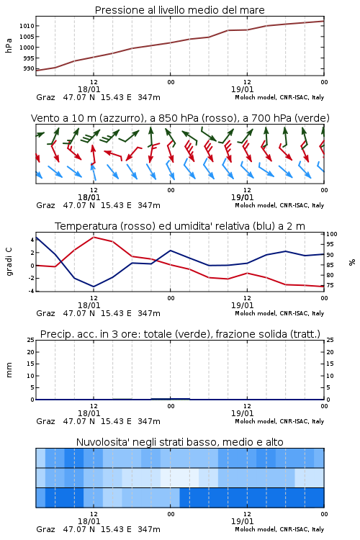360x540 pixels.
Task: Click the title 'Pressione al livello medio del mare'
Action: pyautogui.click(x=179, y=10)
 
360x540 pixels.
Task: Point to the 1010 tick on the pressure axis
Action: pyautogui.click(x=27, y=26)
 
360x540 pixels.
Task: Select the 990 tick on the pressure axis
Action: pyautogui.click(x=29, y=68)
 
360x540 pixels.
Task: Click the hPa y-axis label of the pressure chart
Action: pyautogui.click(x=9, y=45)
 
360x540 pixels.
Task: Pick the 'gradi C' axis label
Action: pyautogui.click(x=9, y=261)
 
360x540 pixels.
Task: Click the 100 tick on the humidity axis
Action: pyautogui.click(x=332, y=234)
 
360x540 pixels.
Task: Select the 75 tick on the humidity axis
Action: pyautogui.click(x=330, y=286)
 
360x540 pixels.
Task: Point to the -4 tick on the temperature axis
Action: pyautogui.click(x=31, y=291)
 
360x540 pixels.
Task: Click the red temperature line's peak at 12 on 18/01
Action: pyautogui.click(x=94, y=238)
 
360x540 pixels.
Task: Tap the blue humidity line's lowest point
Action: pyautogui.click(x=94, y=287)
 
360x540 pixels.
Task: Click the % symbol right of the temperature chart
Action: pyautogui.click(x=352, y=262)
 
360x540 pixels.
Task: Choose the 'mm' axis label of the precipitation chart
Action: pyautogui.click(x=9, y=370)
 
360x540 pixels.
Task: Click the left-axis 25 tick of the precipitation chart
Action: pyautogui.click(x=31, y=340)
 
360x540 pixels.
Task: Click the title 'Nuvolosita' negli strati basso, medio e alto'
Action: pyautogui.click(x=179, y=442)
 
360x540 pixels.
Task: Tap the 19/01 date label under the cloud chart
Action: pyautogui.click(x=242, y=521)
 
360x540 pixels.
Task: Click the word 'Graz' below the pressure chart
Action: pyautogui.click(x=45, y=97)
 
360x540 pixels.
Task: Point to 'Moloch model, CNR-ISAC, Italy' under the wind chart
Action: pyautogui.click(x=279, y=205)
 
